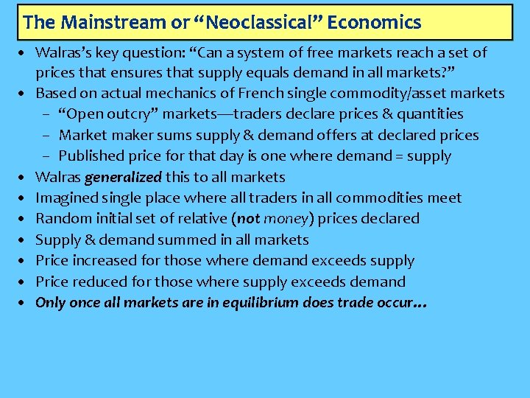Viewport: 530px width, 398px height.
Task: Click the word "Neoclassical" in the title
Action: [258, 23]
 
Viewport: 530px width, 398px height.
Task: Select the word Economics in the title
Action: [374, 23]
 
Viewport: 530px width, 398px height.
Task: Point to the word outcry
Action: [130, 114]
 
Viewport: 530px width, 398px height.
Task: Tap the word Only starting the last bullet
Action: [50, 302]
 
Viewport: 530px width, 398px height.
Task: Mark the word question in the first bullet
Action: [169, 52]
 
